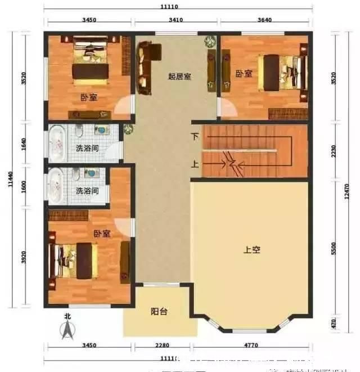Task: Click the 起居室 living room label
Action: (x=179, y=76)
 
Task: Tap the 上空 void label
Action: (x=251, y=250)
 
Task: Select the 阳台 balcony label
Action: (x=159, y=311)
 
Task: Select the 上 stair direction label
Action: (x=195, y=165)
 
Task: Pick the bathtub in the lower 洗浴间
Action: (x=56, y=183)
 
